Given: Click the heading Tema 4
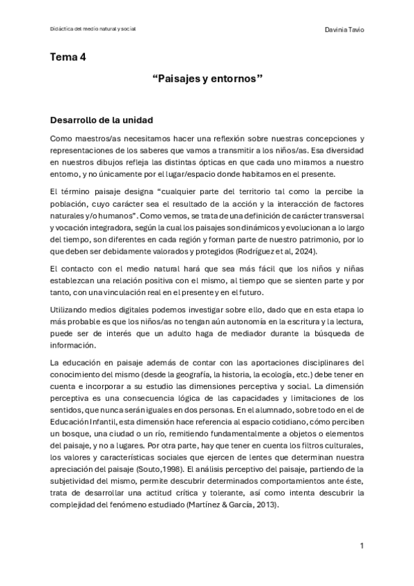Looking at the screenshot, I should (x=68, y=57).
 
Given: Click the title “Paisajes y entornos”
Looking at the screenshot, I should (x=207, y=80).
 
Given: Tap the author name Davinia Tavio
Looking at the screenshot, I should (x=344, y=30).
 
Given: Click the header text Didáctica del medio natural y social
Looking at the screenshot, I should (x=93, y=29).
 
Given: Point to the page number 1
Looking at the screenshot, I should (x=361, y=546).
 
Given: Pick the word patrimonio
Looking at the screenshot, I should (x=315, y=239).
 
